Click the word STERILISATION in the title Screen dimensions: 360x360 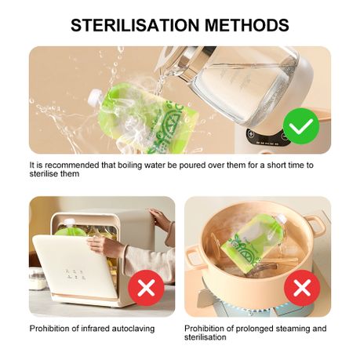click(135, 25)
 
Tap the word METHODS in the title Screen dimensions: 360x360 click(247, 25)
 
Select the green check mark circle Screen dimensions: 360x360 click(301, 126)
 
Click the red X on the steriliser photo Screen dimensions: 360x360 click(146, 288)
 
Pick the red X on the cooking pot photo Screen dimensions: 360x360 click(302, 288)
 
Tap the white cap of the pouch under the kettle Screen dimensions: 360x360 click(95, 96)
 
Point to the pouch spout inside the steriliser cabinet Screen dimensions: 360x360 click(70, 223)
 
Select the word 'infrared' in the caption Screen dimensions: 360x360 click(96, 329)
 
